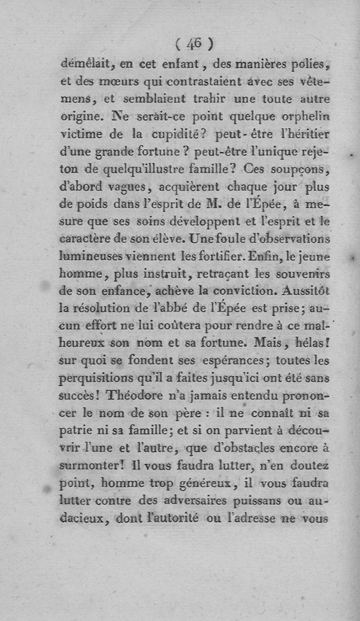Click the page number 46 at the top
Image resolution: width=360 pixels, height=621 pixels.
click(x=194, y=44)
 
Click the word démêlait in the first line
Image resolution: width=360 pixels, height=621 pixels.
click(x=85, y=64)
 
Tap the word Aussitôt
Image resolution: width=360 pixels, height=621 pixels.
click(x=306, y=291)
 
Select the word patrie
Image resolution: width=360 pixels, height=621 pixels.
click(x=73, y=431)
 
